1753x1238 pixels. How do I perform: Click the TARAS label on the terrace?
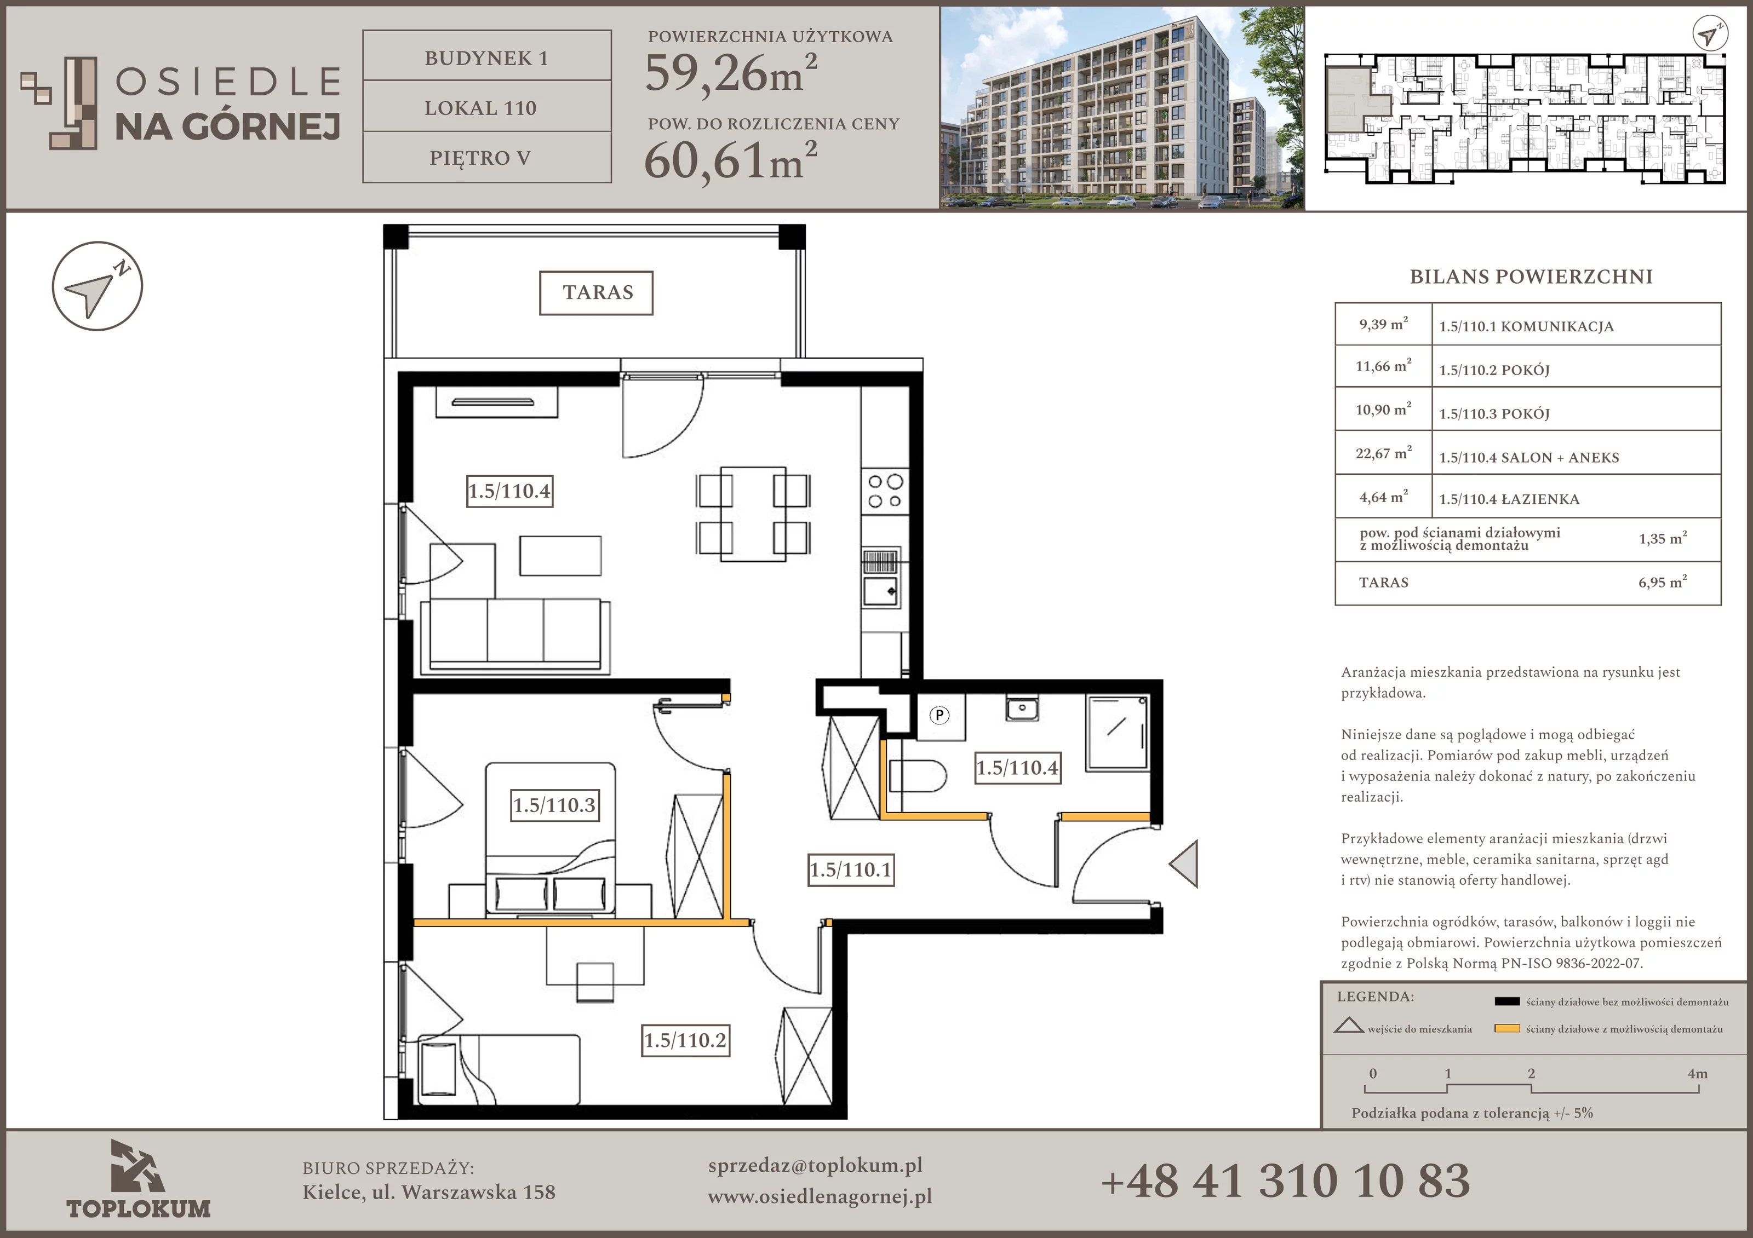point(597,292)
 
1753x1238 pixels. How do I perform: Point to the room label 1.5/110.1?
point(851,870)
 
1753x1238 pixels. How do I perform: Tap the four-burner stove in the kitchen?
point(885,491)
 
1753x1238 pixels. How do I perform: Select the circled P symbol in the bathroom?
point(939,715)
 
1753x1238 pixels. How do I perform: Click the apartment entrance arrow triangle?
point(1184,863)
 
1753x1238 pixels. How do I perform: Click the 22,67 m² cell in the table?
point(1383,453)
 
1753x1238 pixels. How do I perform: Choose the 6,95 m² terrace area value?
point(1662,583)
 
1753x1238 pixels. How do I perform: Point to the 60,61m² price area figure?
point(731,160)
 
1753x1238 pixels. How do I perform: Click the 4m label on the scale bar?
point(1697,1074)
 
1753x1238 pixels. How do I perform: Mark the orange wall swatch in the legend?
point(1506,1029)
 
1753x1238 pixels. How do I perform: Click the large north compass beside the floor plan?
point(97,287)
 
